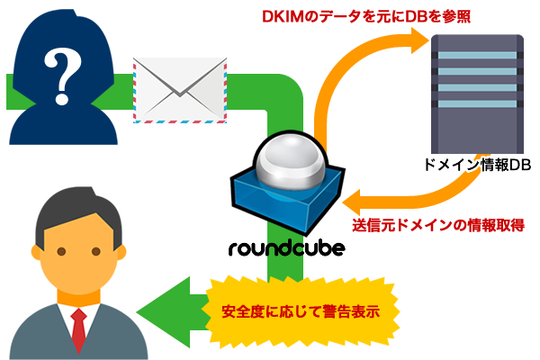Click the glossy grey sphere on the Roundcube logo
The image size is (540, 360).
pos(285,163)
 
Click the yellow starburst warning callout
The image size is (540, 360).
pos(299,312)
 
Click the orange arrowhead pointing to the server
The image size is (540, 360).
pos(416,38)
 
